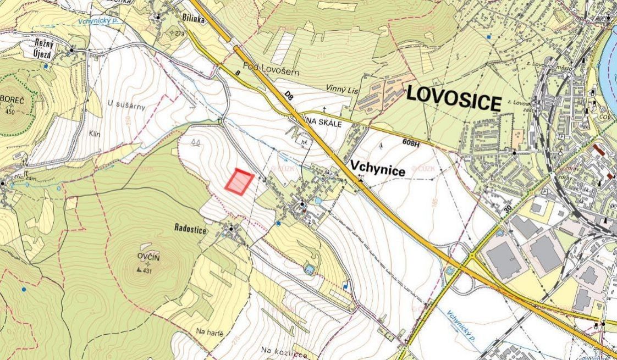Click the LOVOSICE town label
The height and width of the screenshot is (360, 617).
pyautogui.click(x=454, y=101)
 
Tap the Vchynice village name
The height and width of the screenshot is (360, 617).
pyautogui.click(x=378, y=171)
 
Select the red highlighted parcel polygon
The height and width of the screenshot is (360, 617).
pyautogui.click(x=240, y=182)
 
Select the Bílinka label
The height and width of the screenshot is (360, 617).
pyautogui.click(x=192, y=18)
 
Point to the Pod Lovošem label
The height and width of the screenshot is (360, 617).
pyautogui.click(x=260, y=65)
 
